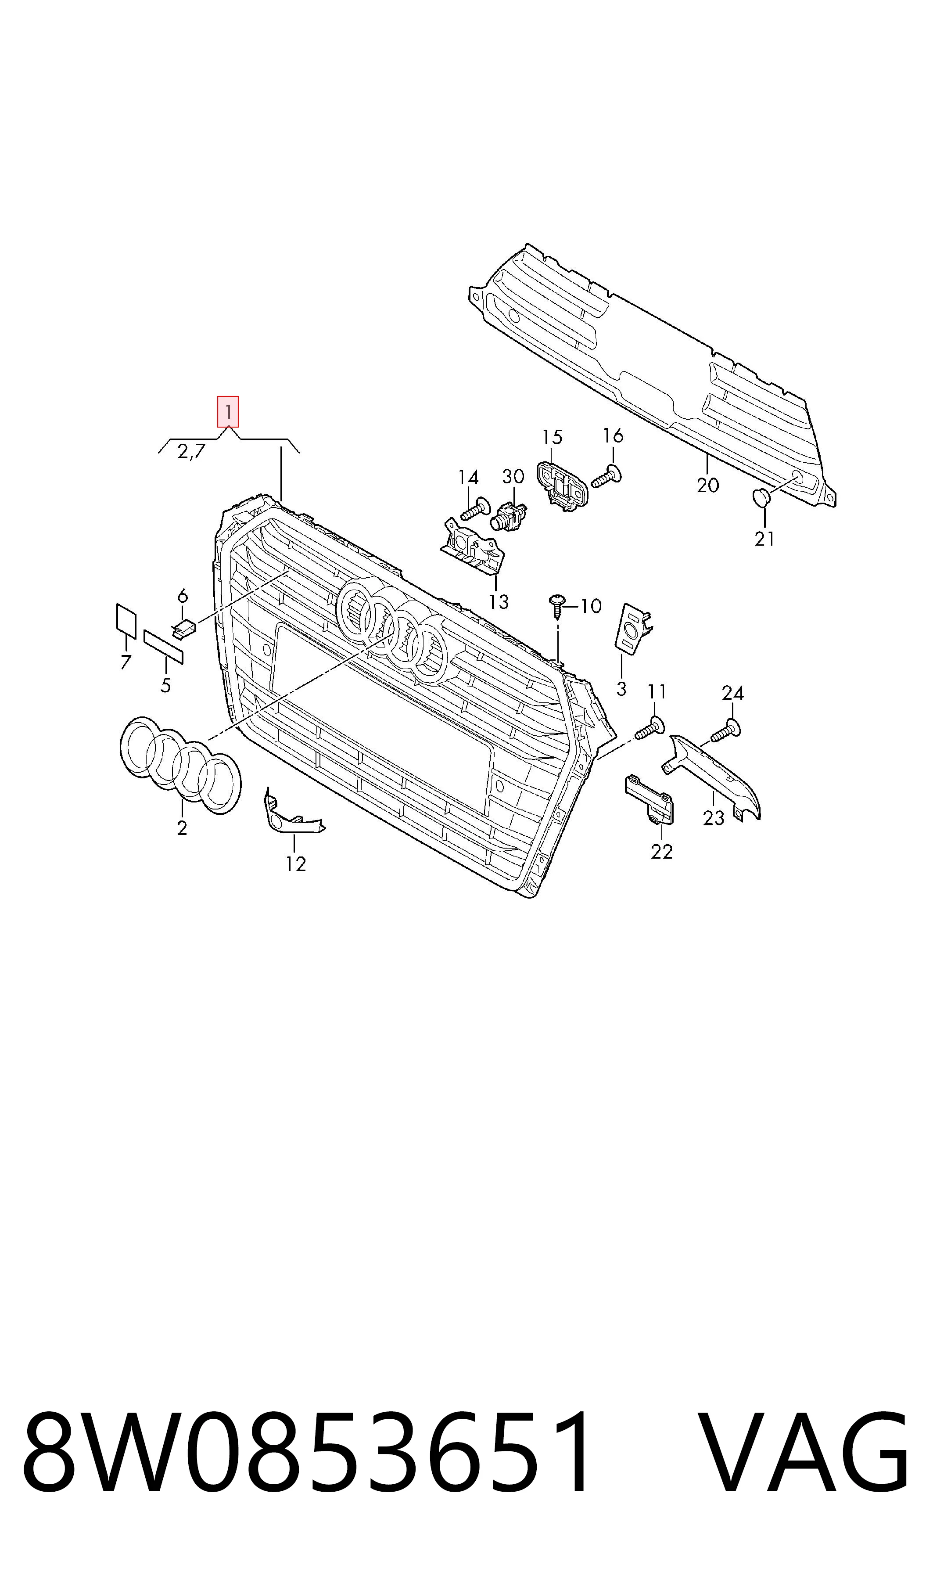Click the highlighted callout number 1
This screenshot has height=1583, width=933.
click(x=228, y=412)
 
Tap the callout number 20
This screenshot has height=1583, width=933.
click(x=707, y=485)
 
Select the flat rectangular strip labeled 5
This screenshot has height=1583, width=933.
click(x=163, y=647)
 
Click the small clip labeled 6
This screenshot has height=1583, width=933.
click(x=184, y=628)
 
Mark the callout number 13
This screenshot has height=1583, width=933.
click(x=498, y=602)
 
